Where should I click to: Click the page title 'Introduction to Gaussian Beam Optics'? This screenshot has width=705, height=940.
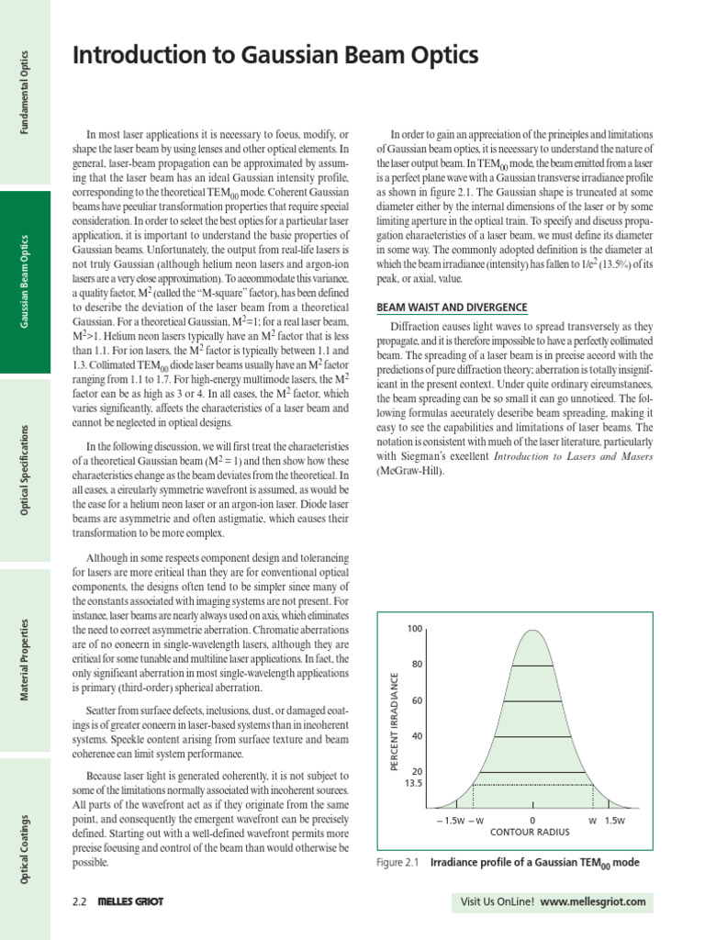point(275,56)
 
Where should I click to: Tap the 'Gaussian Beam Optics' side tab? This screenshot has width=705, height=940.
point(25,282)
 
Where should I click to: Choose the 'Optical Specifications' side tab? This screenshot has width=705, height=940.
point(25,469)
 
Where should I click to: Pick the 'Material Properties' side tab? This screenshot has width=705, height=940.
point(25,660)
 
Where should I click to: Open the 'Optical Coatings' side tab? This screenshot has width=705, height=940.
point(25,849)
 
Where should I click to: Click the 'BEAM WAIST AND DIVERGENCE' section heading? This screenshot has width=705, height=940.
point(452,307)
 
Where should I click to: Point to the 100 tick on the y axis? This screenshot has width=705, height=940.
point(413,629)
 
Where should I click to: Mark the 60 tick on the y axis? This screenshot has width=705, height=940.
point(416,700)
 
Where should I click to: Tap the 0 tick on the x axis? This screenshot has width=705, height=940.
point(532,820)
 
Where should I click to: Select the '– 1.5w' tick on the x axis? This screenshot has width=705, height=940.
point(449,820)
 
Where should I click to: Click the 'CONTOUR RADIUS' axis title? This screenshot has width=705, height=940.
point(531,833)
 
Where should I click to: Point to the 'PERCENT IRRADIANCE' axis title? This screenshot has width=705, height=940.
point(395,721)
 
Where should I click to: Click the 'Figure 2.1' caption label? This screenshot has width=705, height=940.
point(397,864)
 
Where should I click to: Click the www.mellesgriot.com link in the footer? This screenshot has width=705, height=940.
point(593,902)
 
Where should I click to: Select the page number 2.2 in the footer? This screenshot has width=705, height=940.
point(79,902)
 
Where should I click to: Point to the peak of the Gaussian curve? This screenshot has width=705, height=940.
point(532,630)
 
